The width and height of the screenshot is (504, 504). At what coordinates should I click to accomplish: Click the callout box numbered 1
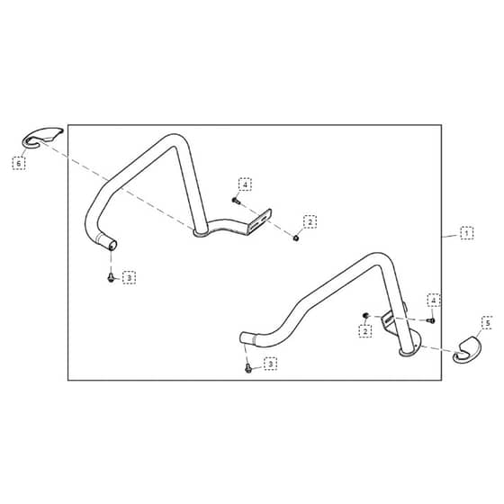coord(466,233)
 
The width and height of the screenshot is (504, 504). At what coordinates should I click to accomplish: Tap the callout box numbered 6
coord(19,163)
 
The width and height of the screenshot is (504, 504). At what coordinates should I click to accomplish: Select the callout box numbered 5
coord(488,323)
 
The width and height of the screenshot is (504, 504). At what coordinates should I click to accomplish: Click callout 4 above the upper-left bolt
coord(245,184)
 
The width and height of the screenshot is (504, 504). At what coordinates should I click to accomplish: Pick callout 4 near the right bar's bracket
coord(434,301)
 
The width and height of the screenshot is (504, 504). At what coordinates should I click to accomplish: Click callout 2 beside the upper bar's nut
coord(310,221)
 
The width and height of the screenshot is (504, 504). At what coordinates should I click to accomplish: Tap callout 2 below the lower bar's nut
coord(365,331)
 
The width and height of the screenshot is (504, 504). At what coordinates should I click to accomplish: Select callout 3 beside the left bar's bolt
coord(130,277)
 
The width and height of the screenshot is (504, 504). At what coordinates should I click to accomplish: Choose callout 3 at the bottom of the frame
coord(270,364)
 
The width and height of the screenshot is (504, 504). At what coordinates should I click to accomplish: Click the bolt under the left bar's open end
coord(111,277)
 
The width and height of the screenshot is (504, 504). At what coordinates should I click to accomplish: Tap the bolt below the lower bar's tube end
coord(247,368)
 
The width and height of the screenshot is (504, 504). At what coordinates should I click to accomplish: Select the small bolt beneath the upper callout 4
coord(236,201)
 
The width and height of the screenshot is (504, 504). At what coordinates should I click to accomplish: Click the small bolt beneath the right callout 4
coord(431,320)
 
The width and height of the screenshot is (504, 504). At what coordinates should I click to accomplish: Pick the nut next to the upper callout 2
coord(296,238)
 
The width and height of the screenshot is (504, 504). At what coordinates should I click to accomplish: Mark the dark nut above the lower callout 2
coord(365,316)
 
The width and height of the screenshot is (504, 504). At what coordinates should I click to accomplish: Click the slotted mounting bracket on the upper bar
coord(260,222)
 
